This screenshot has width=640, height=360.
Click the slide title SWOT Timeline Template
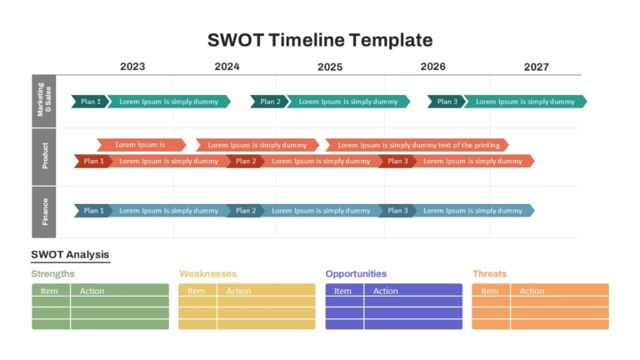tap(320, 40)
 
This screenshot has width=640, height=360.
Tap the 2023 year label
tap(132, 67)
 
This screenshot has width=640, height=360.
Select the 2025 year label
tap(330, 67)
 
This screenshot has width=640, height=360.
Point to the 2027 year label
tap(537, 67)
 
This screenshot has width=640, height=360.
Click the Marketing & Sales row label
tap(44, 100)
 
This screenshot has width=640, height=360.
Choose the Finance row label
tap(45, 212)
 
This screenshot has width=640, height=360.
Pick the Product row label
tap(45, 156)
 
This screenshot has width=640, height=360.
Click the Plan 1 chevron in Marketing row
tap(90, 102)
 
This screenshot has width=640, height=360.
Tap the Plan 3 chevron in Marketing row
tap(447, 102)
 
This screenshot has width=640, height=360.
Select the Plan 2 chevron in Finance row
tap(245, 211)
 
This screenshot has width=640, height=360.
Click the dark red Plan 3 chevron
tap(397, 161)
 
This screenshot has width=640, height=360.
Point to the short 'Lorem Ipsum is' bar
tap(141, 145)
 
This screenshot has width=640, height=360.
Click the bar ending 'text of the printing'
tap(417, 145)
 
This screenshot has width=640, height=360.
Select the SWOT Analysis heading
tap(70, 255)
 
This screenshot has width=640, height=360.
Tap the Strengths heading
tap(52, 274)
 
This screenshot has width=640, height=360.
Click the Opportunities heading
tap(356, 274)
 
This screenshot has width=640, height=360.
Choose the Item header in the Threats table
tap(489, 291)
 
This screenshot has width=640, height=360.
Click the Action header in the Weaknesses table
tap(238, 291)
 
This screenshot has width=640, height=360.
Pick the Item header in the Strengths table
tap(49, 291)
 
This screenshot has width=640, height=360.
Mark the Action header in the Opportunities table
tap(385, 291)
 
